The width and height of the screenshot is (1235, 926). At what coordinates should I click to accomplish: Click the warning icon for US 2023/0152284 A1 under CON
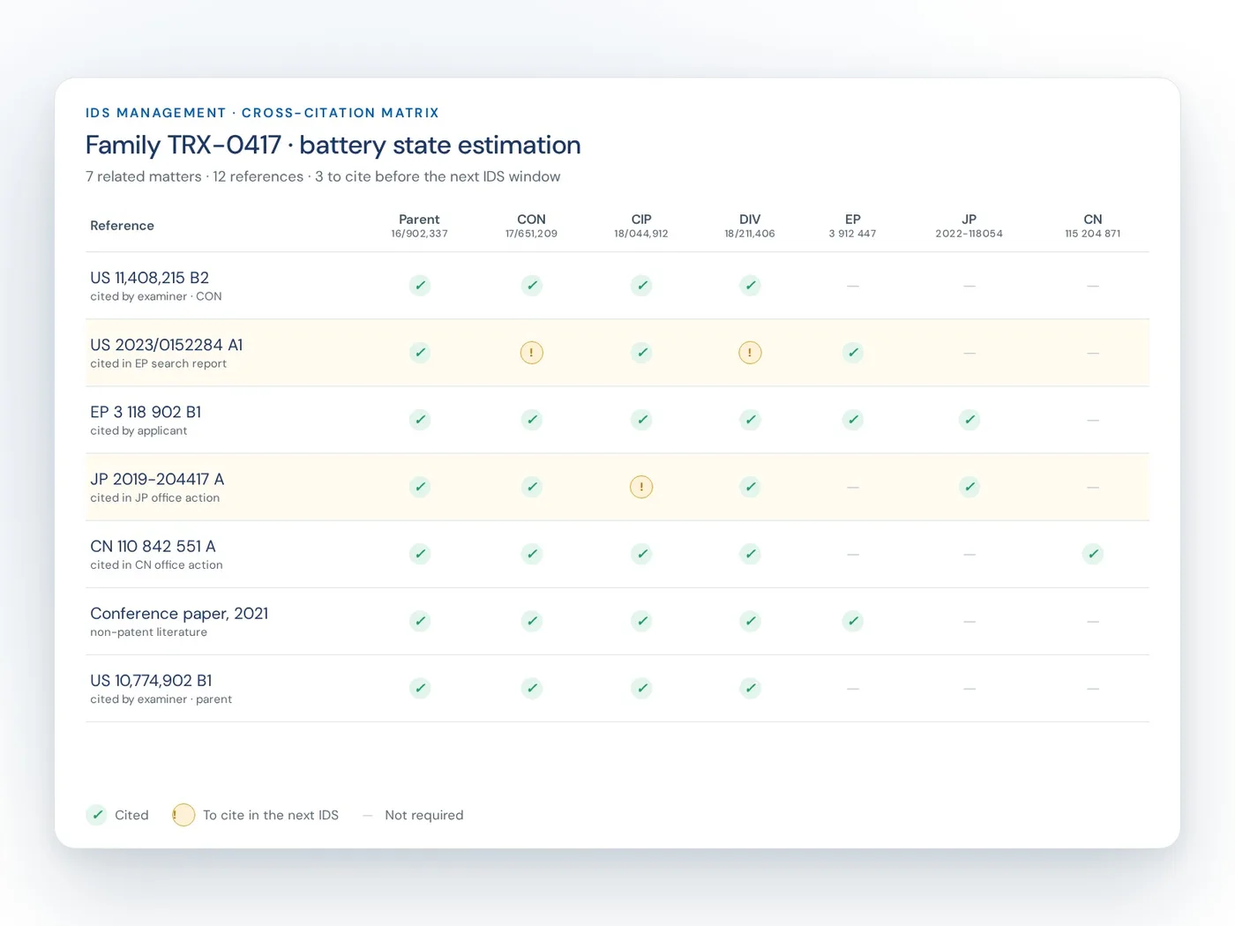[531, 353]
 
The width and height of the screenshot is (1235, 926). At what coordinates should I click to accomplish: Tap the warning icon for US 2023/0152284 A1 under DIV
[750, 353]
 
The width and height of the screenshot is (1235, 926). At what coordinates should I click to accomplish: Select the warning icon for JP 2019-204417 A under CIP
[640, 487]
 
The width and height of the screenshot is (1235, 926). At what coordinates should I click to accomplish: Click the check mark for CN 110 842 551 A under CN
[1092, 554]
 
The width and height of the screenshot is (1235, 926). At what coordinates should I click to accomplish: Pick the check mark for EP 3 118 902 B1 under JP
[969, 420]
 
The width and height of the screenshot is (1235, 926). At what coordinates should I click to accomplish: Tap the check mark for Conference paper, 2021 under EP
[852, 621]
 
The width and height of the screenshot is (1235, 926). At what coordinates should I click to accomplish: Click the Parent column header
[419, 220]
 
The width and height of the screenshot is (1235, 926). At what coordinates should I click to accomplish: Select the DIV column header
[750, 220]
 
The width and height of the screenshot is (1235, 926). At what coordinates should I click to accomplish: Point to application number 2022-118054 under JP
[969, 234]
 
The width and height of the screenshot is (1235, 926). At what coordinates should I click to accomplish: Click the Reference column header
[122, 226]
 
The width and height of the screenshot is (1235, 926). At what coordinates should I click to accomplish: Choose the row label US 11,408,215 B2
[150, 278]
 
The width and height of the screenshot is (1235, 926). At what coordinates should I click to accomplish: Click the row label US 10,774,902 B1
[151, 681]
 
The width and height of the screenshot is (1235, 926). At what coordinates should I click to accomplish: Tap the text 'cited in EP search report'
[158, 363]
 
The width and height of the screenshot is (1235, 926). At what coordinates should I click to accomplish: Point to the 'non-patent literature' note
[148, 632]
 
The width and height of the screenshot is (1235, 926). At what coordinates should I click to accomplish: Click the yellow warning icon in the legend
[183, 815]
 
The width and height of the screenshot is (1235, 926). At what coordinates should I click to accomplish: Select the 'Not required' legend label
[424, 815]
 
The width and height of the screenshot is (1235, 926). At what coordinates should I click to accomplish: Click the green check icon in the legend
[97, 815]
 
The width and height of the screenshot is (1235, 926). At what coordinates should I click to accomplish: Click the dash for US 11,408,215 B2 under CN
[1092, 286]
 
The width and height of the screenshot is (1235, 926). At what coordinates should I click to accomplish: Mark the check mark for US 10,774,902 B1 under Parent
[419, 688]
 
